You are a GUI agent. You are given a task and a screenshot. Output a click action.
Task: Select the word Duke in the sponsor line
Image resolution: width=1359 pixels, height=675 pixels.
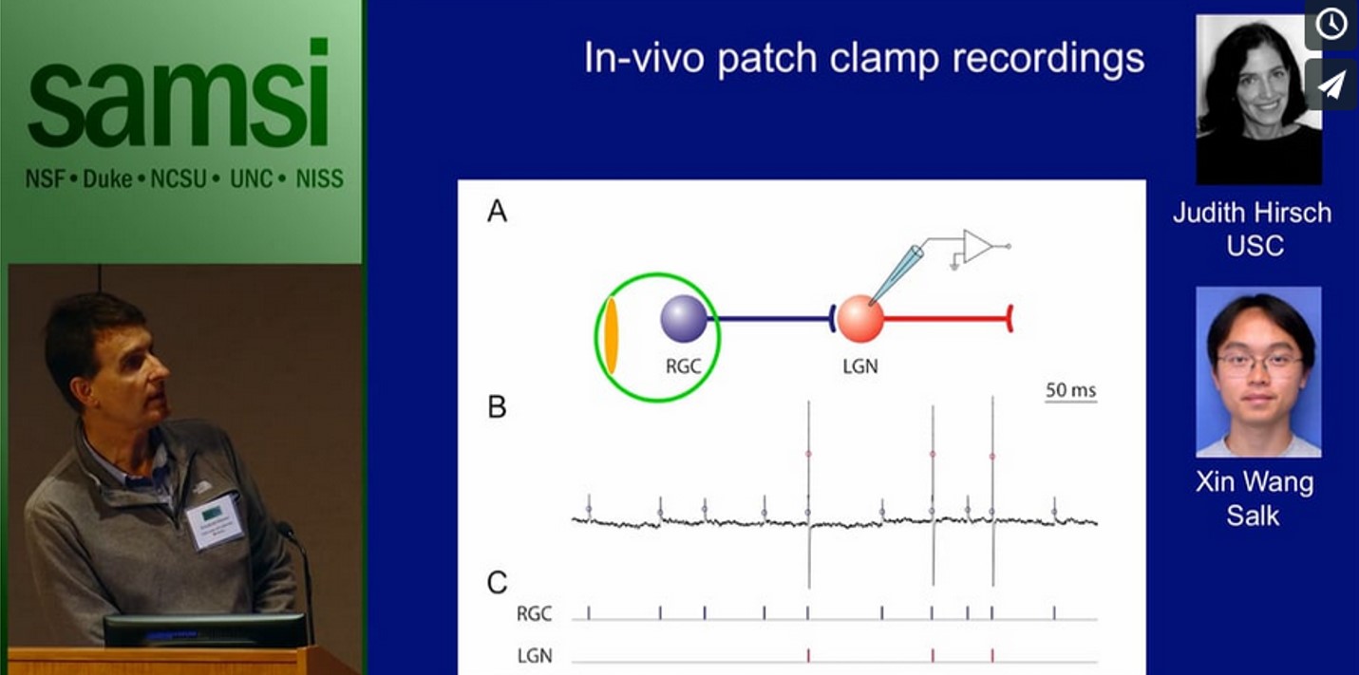[107, 178]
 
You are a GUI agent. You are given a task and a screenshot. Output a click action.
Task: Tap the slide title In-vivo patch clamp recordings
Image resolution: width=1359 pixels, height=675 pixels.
[863, 59]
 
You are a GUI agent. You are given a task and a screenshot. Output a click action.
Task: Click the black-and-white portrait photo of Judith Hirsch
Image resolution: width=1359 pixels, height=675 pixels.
[1258, 99]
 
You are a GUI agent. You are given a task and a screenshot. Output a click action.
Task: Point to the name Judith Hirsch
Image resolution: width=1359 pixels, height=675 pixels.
[1252, 213]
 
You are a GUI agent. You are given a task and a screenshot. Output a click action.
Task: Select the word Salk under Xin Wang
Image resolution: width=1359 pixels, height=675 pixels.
[1253, 516]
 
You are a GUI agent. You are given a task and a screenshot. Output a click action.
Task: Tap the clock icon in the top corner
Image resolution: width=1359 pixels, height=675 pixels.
[1331, 24]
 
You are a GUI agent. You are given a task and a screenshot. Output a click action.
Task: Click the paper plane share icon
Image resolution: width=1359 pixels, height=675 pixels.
[1331, 84]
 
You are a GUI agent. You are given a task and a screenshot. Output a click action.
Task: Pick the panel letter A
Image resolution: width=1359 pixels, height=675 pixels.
[497, 212]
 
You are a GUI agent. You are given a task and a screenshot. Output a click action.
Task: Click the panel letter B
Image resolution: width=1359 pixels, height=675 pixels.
[497, 407]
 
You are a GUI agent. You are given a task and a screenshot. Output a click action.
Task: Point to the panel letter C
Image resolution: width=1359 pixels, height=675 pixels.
[498, 583]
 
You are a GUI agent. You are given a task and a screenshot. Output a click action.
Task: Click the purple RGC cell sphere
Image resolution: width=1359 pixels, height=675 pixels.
[684, 318]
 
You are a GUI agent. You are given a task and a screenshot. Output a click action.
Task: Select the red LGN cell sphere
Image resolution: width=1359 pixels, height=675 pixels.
[860, 319]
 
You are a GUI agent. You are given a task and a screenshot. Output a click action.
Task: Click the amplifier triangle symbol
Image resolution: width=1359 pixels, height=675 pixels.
[976, 245]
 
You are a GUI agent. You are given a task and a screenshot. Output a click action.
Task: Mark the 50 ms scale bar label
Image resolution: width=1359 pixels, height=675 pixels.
[1070, 389]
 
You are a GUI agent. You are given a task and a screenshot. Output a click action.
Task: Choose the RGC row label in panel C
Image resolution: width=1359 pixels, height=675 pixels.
[535, 614]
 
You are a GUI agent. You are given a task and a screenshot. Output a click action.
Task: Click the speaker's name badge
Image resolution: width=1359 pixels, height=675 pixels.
[215, 520]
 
